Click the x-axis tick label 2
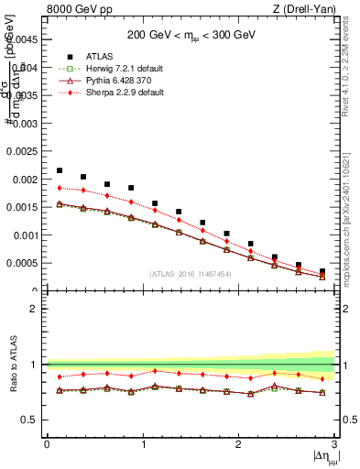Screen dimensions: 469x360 (238, 444)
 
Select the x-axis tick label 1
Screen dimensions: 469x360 (142, 444)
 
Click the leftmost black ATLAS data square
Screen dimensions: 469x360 (60, 170)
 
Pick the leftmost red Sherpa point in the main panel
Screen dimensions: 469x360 (60, 187)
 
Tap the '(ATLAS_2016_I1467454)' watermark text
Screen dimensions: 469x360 (189, 274)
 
